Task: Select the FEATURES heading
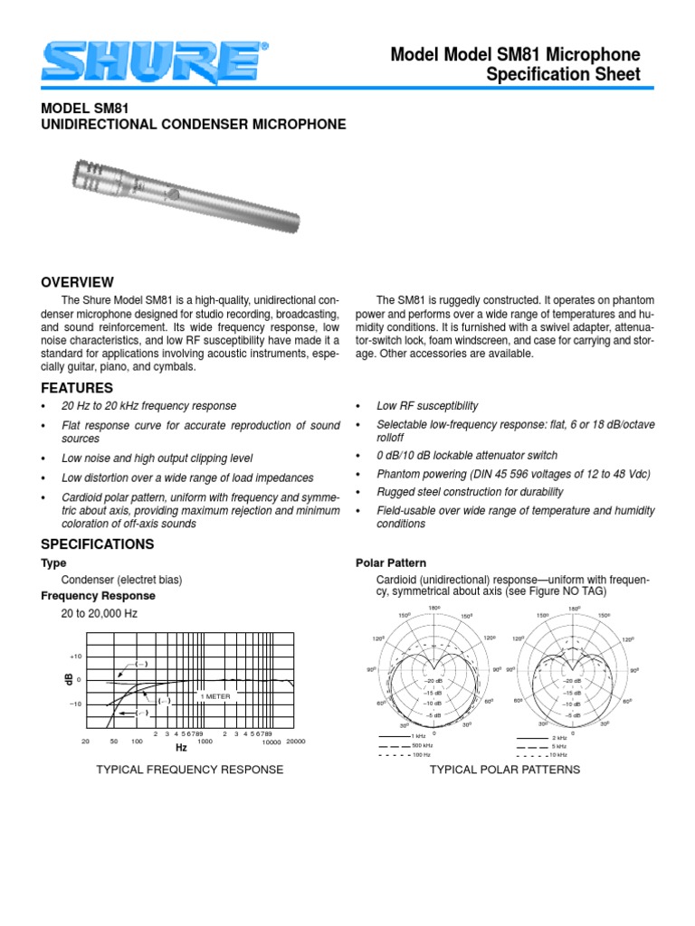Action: (75, 387)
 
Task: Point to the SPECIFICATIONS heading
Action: (98, 543)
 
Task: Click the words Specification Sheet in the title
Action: (563, 75)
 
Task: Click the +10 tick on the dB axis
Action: (76, 656)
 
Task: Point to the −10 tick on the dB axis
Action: (76, 704)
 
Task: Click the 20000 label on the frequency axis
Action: (296, 742)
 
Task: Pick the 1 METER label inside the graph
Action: (215, 696)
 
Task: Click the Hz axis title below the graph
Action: (181, 749)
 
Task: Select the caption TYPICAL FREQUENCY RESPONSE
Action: (190, 770)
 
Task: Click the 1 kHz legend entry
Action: (418, 737)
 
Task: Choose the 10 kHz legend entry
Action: (558, 753)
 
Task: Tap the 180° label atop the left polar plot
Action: (434, 609)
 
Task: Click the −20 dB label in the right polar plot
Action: (572, 680)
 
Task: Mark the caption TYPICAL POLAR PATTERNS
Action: (504, 770)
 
